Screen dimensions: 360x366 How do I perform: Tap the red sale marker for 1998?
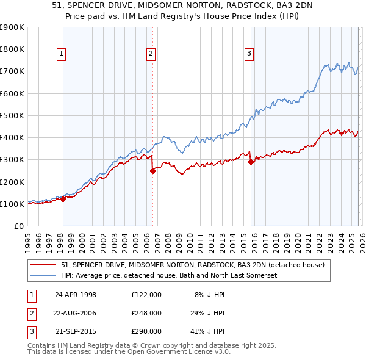click(63, 199)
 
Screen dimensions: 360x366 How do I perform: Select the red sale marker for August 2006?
click(152, 171)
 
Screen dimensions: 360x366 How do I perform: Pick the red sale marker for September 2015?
click(251, 162)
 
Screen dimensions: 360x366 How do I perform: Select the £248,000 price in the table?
click(146, 312)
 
